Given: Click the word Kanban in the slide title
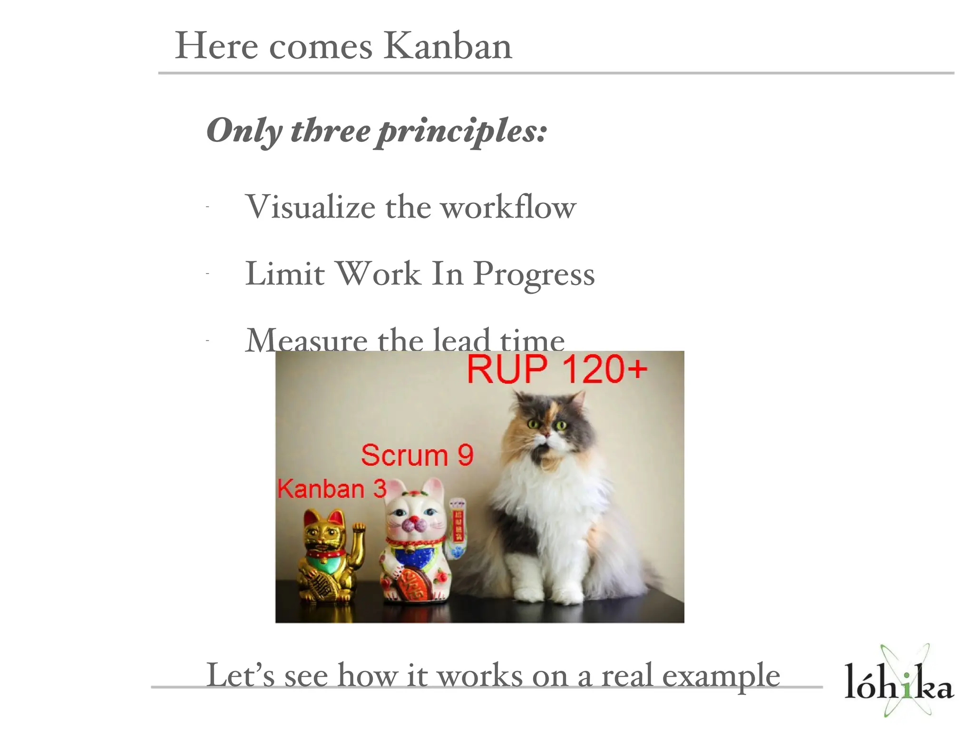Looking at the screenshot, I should click(448, 46).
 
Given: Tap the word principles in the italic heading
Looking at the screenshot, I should click(461, 131).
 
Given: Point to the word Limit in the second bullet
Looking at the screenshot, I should click(285, 275).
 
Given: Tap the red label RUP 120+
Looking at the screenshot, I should click(557, 369).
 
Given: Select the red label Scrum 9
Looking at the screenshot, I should click(417, 455).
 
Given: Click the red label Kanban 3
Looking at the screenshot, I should click(331, 489).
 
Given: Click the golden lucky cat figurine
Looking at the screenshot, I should click(328, 557).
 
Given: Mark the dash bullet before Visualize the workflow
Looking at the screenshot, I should click(208, 207).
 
